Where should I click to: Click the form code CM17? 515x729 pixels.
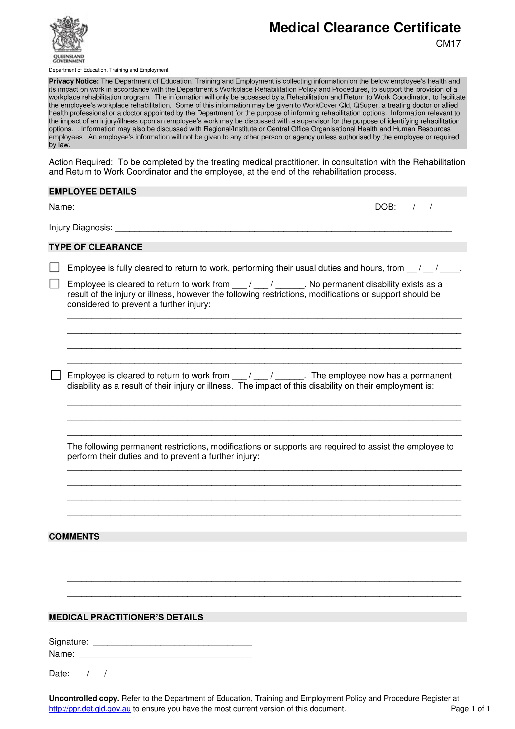[x=448, y=44]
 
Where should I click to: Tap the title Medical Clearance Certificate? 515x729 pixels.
[x=364, y=28]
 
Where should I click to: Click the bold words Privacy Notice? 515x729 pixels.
[x=73, y=81]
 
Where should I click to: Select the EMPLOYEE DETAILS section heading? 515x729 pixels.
[x=92, y=191]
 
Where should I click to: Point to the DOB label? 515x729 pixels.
[x=385, y=207]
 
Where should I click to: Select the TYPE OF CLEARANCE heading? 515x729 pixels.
[x=96, y=247]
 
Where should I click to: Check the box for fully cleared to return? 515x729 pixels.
[x=54, y=267]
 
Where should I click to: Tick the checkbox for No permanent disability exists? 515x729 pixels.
[x=54, y=284]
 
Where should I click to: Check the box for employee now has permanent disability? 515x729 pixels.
[x=56, y=375]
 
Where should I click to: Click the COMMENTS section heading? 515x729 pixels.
[x=74, y=537]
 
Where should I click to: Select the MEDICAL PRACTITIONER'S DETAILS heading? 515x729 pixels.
[x=126, y=617]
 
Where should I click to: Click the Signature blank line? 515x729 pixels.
[x=172, y=643]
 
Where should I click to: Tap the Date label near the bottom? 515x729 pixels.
[x=59, y=674]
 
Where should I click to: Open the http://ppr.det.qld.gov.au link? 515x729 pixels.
[x=90, y=709]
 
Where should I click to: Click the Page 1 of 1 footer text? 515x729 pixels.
[x=470, y=709]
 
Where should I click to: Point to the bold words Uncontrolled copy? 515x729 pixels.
[x=84, y=698]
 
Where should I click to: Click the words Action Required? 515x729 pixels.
[x=81, y=162]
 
